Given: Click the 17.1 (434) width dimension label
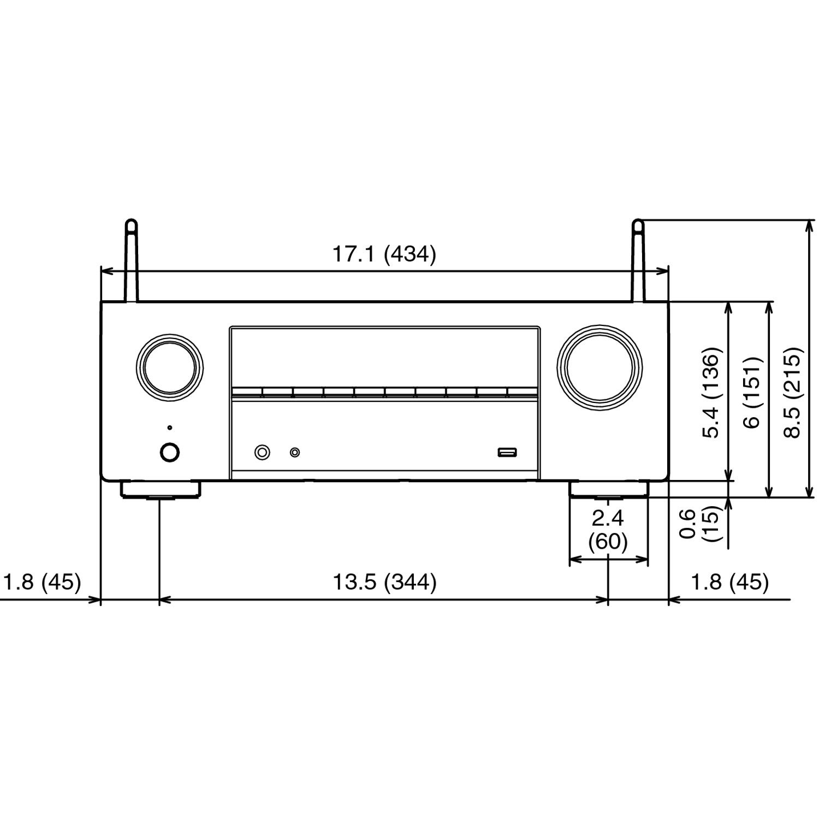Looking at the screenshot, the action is (384, 254).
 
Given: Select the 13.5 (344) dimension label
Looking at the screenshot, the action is (384, 582).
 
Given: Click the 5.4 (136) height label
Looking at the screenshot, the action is (713, 393).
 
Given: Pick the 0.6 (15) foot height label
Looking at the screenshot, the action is (699, 524).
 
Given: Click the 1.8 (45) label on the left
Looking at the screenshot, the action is (42, 582).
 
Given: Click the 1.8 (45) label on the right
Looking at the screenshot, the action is (730, 582).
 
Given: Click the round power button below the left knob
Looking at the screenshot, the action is (170, 452).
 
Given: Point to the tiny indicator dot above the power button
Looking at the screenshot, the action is (170, 428).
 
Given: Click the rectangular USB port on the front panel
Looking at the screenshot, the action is (507, 452).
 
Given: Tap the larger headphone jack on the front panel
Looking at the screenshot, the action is (263, 452).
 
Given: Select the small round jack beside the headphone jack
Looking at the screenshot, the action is (295, 452).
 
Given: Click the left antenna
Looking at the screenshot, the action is (132, 260).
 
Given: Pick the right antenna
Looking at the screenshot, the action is (638, 260).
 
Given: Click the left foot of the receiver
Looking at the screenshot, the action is (160, 490).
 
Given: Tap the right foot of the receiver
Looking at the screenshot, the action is (609, 490).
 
